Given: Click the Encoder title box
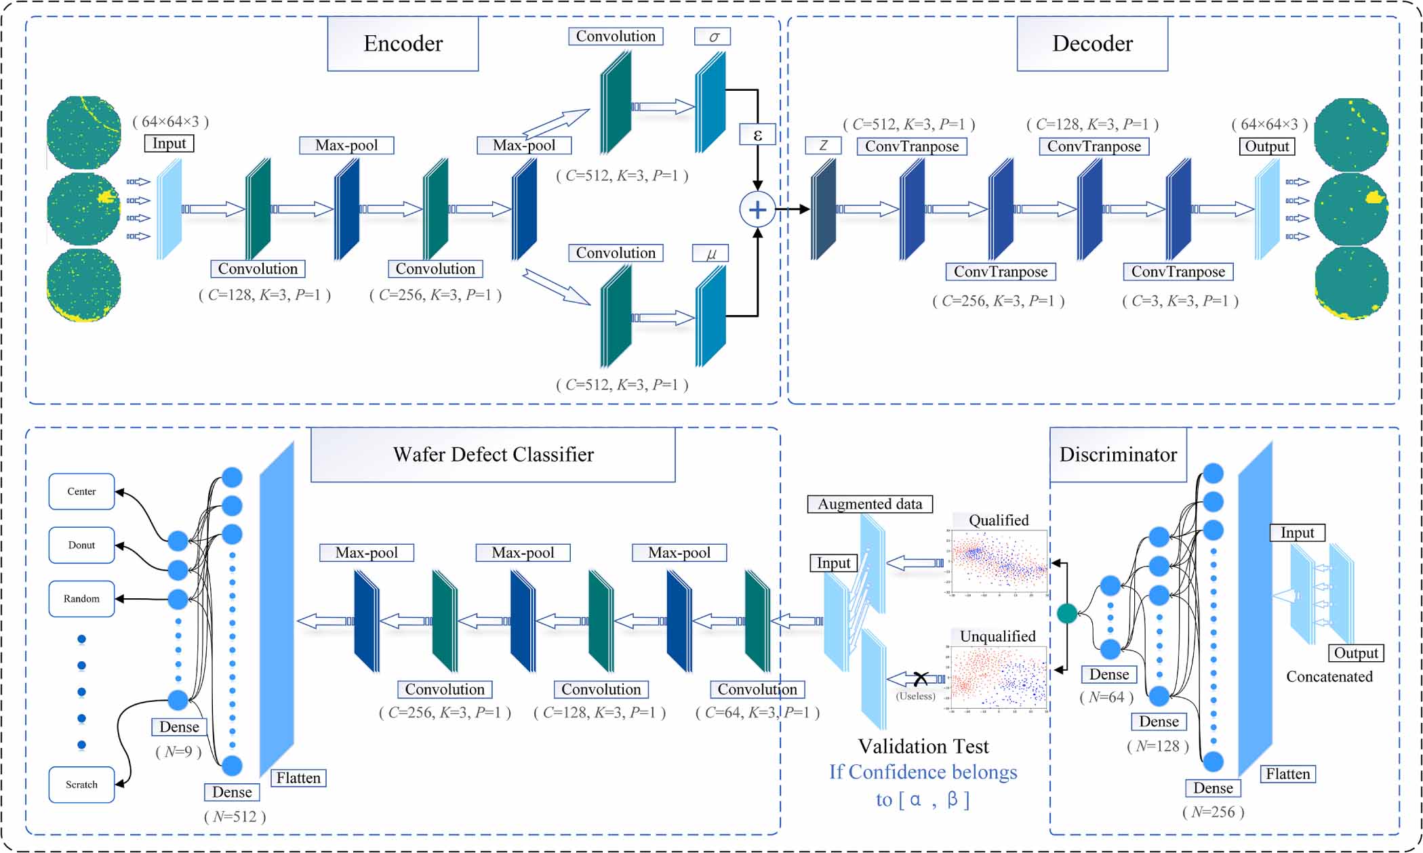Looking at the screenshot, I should click(403, 44).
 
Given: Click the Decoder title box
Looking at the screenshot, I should click(1091, 44).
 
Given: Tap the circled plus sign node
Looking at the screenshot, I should click(757, 209).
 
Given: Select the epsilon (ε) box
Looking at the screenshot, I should click(757, 135).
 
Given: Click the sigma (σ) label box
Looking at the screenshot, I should click(713, 37).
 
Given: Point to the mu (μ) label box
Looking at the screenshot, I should click(710, 253).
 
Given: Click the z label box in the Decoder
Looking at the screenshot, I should click(823, 146).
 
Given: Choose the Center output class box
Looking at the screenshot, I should click(81, 491).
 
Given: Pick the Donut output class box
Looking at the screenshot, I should click(81, 545).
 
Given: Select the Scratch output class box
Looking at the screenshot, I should click(81, 784).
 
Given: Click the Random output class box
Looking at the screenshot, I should click(81, 599).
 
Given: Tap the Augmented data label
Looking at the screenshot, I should click(870, 504).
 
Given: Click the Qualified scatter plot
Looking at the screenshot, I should click(999, 562).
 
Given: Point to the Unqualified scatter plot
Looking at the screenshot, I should click(999, 678).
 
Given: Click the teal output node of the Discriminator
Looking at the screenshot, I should click(1067, 614).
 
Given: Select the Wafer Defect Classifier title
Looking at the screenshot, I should click(493, 455).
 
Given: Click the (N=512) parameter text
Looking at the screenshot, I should click(235, 816).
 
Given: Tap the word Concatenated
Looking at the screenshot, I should click(1329, 676).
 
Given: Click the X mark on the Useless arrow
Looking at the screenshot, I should click(920, 678).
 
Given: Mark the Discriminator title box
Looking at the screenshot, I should click(1118, 455).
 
